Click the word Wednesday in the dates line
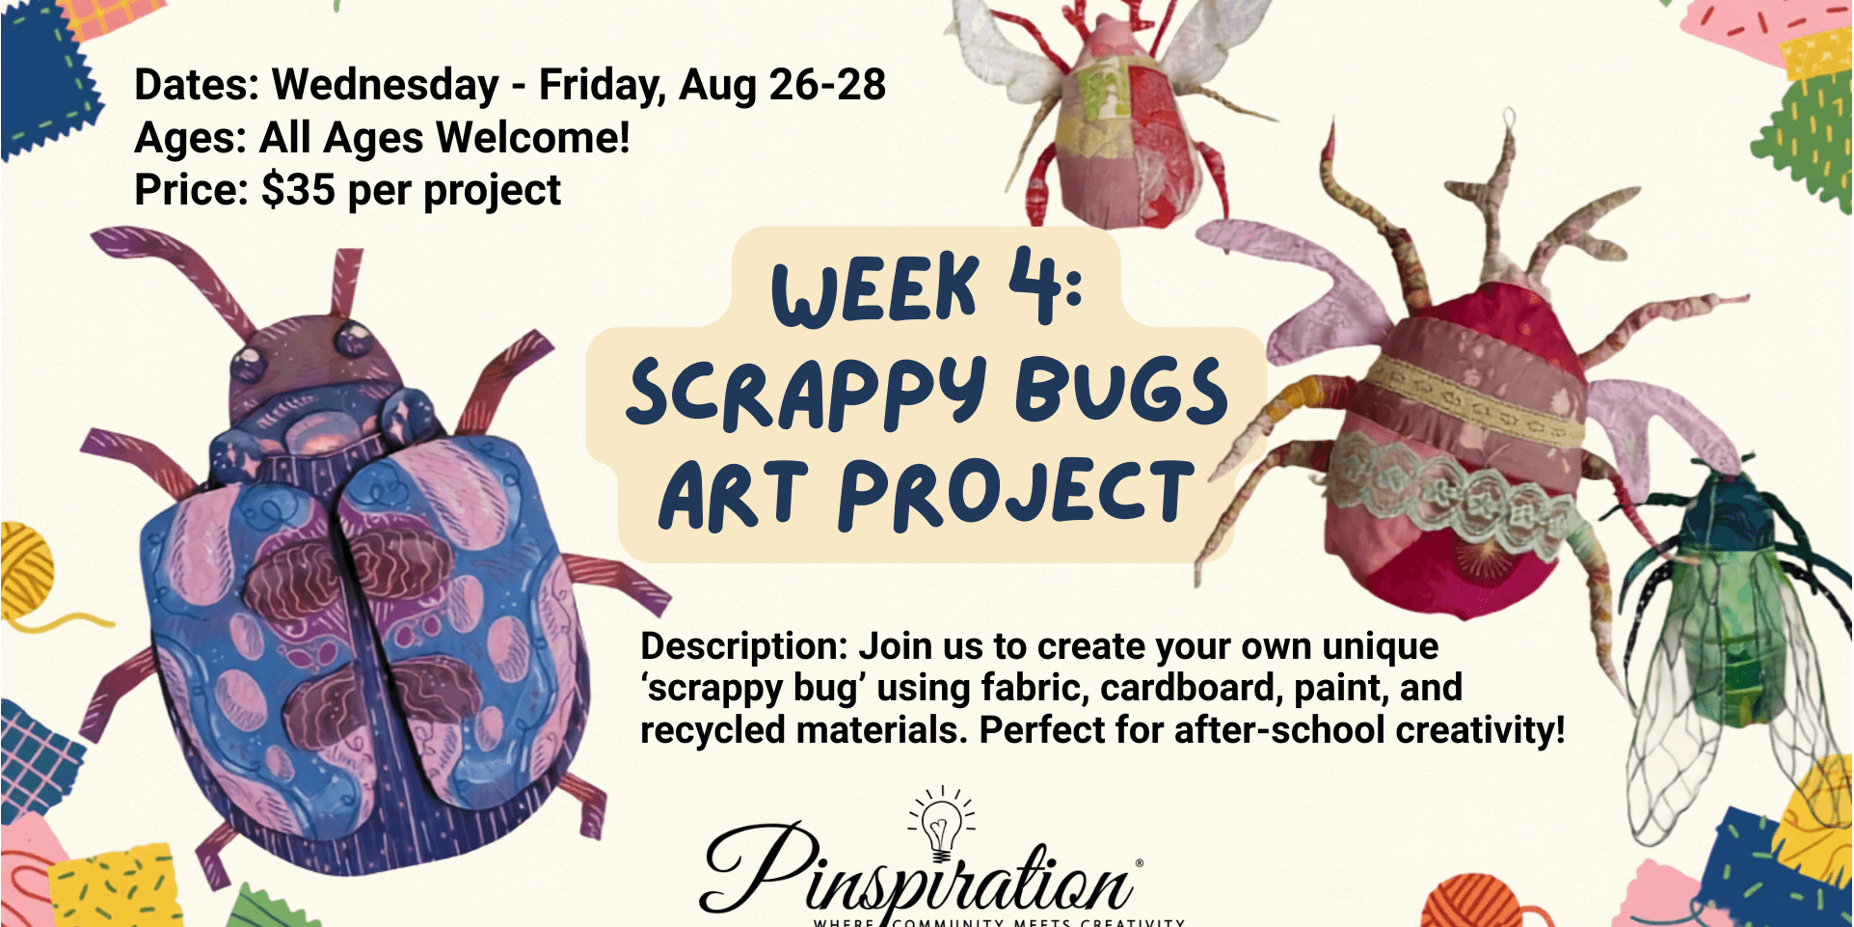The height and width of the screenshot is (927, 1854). click(x=386, y=85)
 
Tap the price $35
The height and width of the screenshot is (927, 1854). click(x=298, y=190)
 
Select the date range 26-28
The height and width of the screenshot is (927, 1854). click(x=827, y=85)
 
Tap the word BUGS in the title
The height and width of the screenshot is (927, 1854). click(x=1121, y=391)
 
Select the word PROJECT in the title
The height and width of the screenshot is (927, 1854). click(x=1016, y=494)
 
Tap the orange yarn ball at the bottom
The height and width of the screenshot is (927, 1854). click(x=1470, y=902)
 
